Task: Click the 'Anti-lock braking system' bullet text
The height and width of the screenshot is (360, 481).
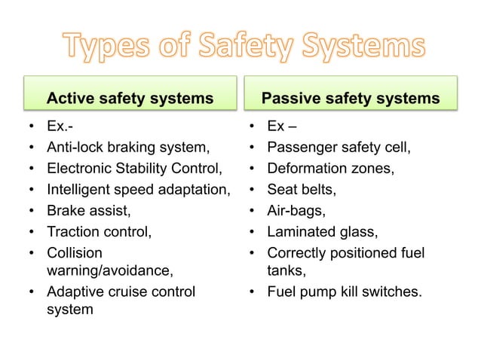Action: (x=128, y=147)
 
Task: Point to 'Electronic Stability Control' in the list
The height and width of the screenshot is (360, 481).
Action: (x=135, y=168)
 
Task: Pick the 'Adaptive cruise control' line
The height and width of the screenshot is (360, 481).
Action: (x=121, y=291)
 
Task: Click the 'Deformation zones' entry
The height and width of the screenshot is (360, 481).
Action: (x=330, y=168)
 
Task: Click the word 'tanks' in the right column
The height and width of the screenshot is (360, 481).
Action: (x=286, y=269)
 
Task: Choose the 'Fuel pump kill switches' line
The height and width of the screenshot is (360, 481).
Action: (x=345, y=291)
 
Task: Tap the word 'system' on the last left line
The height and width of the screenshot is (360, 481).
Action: (x=70, y=308)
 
